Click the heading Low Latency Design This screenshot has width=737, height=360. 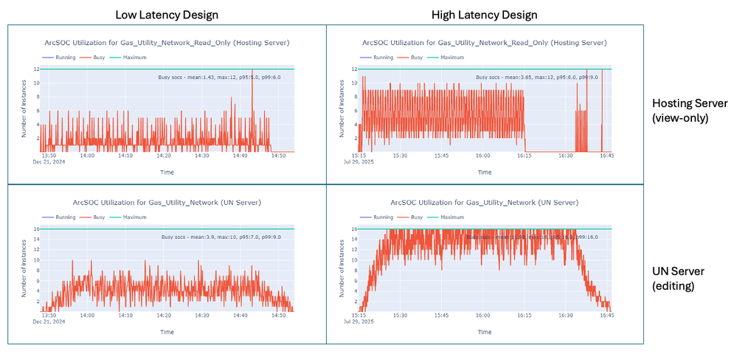(x=167, y=14)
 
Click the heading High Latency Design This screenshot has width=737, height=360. (x=485, y=14)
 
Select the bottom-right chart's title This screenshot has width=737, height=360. (x=485, y=202)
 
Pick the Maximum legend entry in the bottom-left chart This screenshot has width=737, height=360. (x=134, y=217)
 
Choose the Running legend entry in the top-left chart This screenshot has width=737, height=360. (x=65, y=57)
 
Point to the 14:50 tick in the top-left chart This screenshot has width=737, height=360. (x=278, y=156)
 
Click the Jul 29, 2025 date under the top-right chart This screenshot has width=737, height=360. (x=361, y=162)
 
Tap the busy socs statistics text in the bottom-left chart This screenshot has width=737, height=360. (x=224, y=237)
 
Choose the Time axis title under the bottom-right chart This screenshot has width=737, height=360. (x=484, y=332)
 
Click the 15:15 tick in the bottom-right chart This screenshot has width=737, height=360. (x=360, y=316)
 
